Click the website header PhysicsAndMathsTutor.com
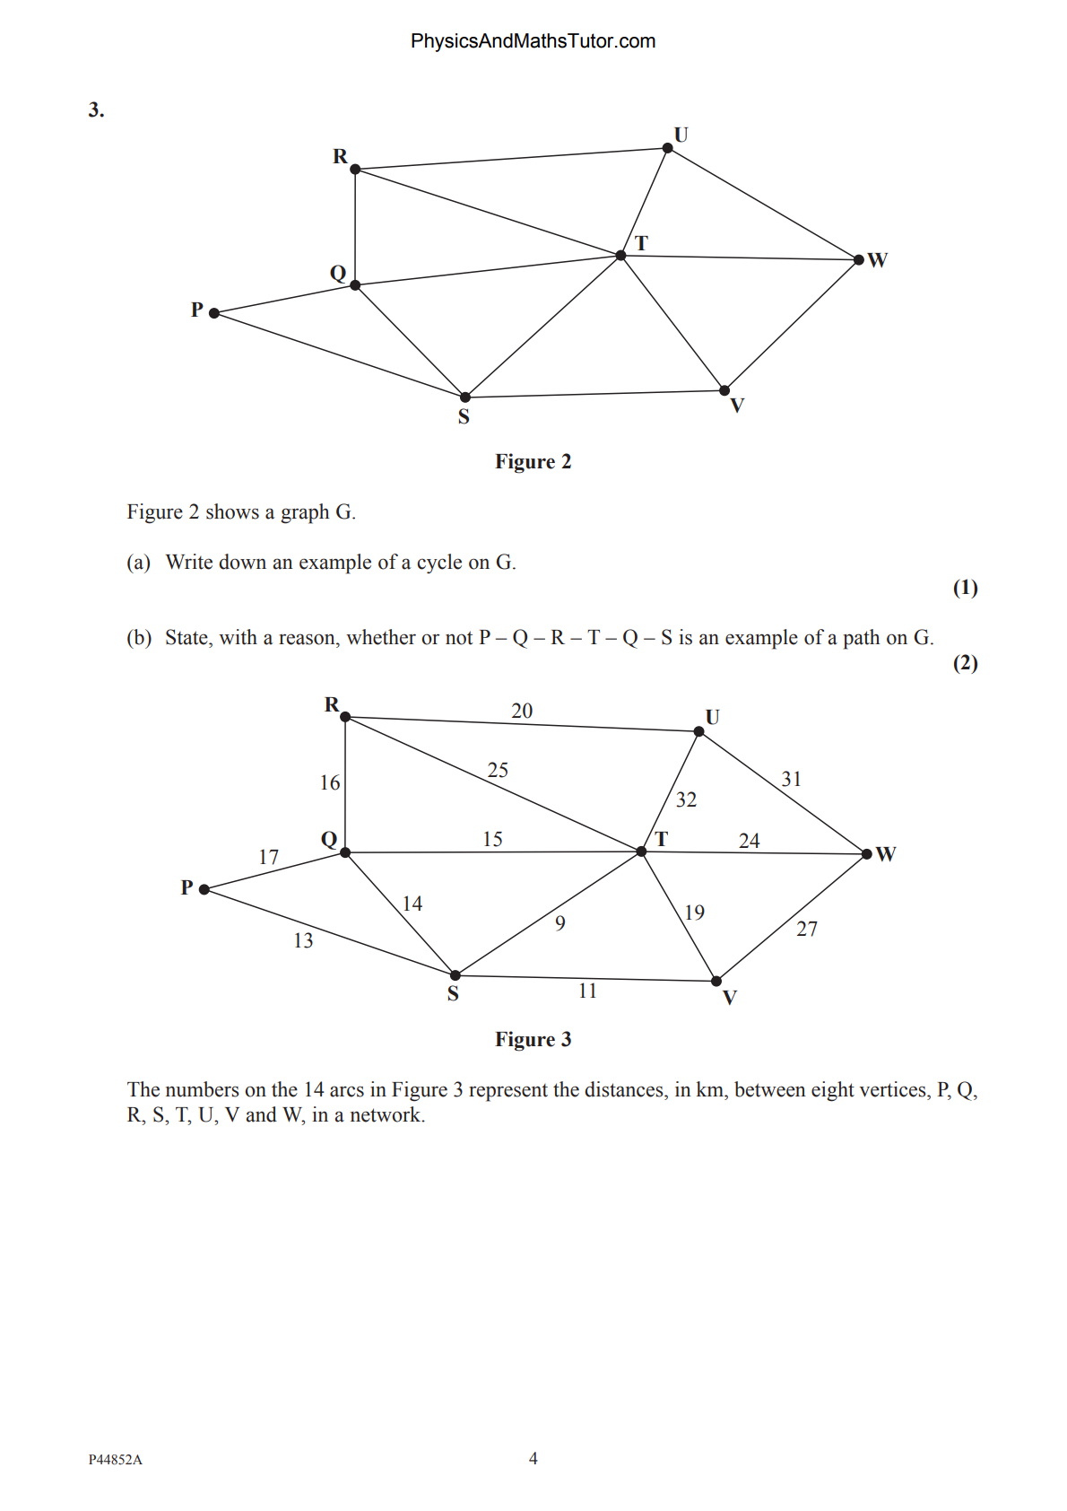[533, 41]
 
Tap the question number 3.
[96, 110]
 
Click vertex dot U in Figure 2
[667, 148]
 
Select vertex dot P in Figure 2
[214, 313]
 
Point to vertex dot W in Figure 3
[866, 853]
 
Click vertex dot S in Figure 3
[455, 975]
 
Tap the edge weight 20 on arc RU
[522, 711]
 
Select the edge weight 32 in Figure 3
[686, 799]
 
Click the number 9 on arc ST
[560, 923]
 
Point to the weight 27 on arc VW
[807, 929]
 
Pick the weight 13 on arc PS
[303, 940]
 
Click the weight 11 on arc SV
[587, 991]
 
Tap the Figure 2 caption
[533, 462]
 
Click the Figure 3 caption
[533, 1040]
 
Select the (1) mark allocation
[965, 588]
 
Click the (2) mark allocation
[965, 663]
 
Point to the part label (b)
[139, 638]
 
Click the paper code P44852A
[116, 1460]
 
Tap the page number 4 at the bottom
[533, 1459]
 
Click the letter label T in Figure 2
[641, 243]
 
